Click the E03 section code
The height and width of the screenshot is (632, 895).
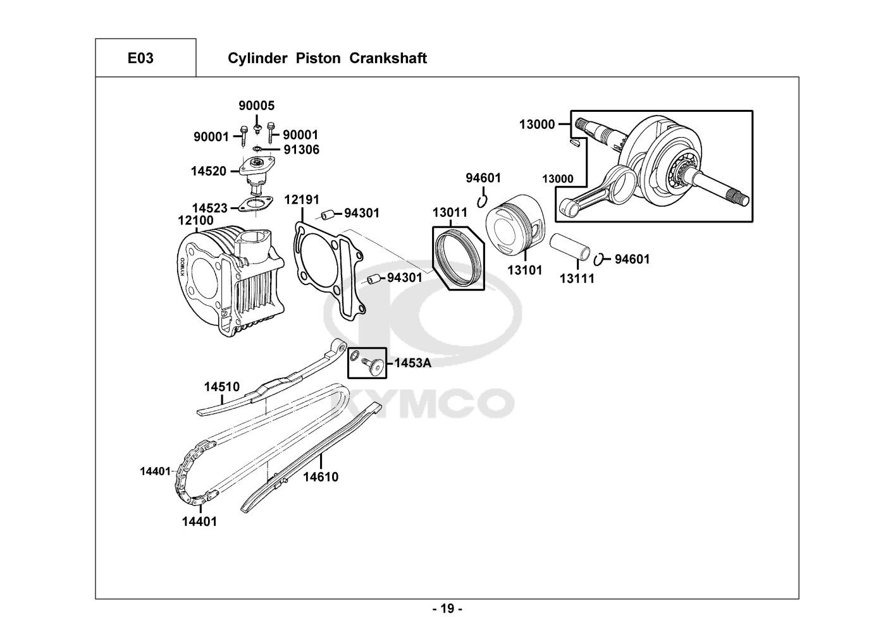pyautogui.click(x=140, y=58)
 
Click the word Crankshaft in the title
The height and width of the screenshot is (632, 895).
pyautogui.click(x=388, y=58)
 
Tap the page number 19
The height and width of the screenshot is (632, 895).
pyautogui.click(x=448, y=609)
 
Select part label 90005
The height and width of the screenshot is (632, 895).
pyautogui.click(x=257, y=106)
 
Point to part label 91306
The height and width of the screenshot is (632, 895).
pyautogui.click(x=302, y=150)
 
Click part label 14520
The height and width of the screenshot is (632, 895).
pyautogui.click(x=209, y=171)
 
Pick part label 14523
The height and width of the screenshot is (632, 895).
pyautogui.click(x=210, y=208)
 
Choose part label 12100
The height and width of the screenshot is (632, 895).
pyautogui.click(x=195, y=220)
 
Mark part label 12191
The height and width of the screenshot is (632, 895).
pyautogui.click(x=302, y=199)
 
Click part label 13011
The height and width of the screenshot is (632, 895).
pyautogui.click(x=450, y=212)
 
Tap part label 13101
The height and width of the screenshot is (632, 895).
pyautogui.click(x=525, y=270)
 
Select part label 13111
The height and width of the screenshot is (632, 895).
pyautogui.click(x=577, y=278)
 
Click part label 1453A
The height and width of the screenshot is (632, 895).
pyautogui.click(x=413, y=363)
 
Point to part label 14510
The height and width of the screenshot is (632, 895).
pyautogui.click(x=222, y=387)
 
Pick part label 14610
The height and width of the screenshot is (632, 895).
pyautogui.click(x=321, y=477)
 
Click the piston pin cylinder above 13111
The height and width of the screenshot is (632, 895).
pyautogui.click(x=570, y=247)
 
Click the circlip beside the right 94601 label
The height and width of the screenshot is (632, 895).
pyautogui.click(x=598, y=260)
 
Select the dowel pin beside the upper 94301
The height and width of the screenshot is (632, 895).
pyautogui.click(x=327, y=215)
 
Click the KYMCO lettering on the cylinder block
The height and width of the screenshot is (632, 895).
pyautogui.click(x=182, y=267)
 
